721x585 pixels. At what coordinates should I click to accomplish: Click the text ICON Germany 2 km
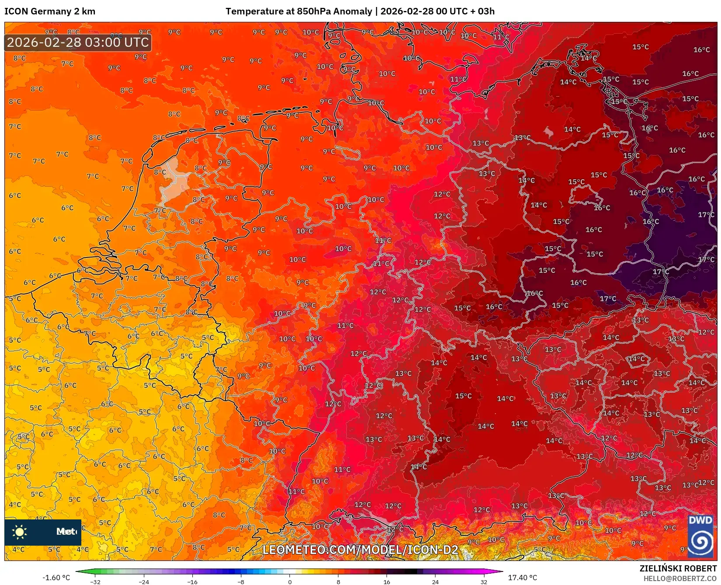(x=50, y=11)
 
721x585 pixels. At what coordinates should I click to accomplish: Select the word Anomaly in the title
(x=352, y=11)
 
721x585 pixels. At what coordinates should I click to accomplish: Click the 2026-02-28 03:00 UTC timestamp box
(x=78, y=42)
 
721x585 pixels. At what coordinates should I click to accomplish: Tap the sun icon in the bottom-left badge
(x=20, y=532)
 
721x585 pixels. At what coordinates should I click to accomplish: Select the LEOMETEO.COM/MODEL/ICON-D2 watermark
(x=360, y=550)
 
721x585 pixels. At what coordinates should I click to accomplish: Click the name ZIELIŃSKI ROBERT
(x=678, y=568)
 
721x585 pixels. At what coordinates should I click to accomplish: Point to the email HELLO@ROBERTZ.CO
(x=680, y=578)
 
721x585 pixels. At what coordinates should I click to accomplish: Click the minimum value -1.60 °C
(x=56, y=578)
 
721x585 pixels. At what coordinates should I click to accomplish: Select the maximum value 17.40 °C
(x=522, y=578)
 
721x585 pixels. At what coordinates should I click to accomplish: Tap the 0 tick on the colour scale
(x=289, y=582)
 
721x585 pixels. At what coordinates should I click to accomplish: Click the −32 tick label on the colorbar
(x=95, y=582)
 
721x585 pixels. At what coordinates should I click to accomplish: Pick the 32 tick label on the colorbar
(x=484, y=582)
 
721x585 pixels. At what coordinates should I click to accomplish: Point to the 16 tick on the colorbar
(x=387, y=582)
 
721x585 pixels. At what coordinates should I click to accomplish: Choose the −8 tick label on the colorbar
(x=240, y=582)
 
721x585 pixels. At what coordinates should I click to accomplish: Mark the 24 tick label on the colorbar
(x=435, y=582)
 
